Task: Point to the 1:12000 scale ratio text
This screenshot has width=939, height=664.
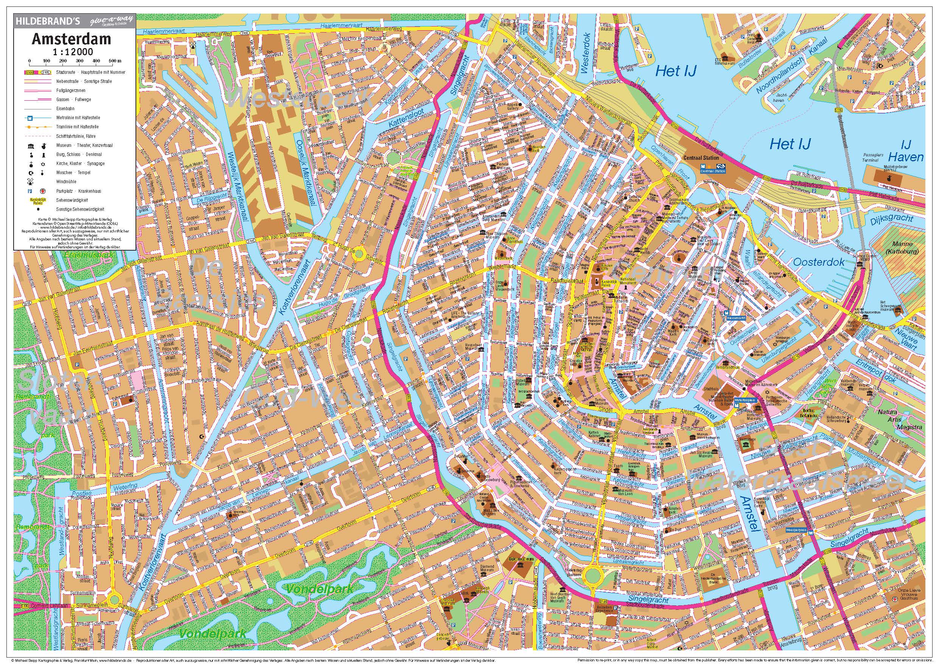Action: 73,52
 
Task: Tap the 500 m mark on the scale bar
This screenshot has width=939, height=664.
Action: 112,61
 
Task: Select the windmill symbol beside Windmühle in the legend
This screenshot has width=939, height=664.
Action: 30,181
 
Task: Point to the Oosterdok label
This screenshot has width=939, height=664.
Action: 819,262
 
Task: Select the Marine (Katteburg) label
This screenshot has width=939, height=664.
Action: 897,248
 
